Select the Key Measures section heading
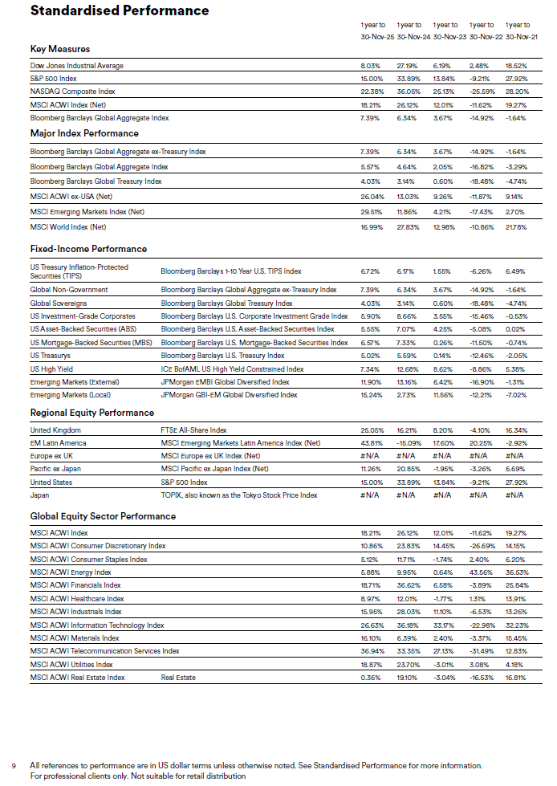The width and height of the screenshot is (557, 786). click(x=60, y=49)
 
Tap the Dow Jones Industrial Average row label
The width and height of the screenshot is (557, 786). click(x=77, y=66)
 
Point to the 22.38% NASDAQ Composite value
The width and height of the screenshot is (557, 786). click(x=370, y=92)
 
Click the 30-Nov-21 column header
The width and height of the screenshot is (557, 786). click(x=518, y=36)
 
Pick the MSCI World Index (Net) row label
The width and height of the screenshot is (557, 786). click(x=68, y=227)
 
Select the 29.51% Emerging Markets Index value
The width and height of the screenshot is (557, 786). click(x=370, y=212)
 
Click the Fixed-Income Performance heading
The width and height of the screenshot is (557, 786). click(x=88, y=249)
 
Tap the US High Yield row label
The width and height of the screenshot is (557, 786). click(x=51, y=369)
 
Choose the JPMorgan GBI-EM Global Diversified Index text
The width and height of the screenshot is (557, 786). click(x=229, y=395)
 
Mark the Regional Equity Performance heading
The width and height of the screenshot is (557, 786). click(x=92, y=413)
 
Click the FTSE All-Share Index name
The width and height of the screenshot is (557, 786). click(x=193, y=430)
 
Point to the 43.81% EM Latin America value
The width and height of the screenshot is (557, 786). click(x=370, y=443)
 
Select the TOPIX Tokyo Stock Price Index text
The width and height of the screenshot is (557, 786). click(x=239, y=495)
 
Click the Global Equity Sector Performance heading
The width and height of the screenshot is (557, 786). click(x=103, y=515)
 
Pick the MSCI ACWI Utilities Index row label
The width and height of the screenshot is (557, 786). click(x=71, y=664)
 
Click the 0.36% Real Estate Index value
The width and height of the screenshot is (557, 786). click(x=370, y=678)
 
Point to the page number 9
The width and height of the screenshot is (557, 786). click(x=13, y=765)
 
